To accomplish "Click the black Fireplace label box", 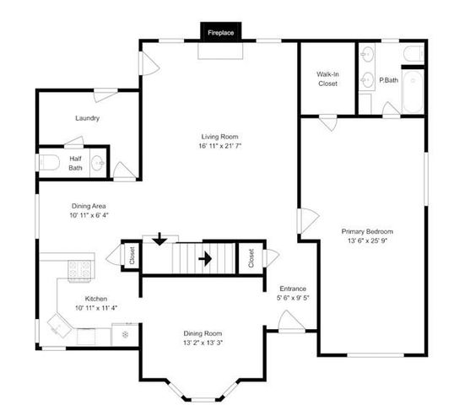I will pyautogui.click(x=221, y=32).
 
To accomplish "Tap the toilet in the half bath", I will pyautogui.click(x=48, y=162).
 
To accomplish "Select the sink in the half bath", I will pyautogui.click(x=97, y=163).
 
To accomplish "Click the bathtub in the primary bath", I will pyautogui.click(x=413, y=93).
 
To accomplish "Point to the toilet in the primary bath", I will pyautogui.click(x=413, y=55).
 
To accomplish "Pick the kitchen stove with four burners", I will pyautogui.click(x=79, y=270).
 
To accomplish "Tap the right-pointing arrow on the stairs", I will pyautogui.click(x=204, y=258).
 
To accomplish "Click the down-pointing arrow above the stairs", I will pyautogui.click(x=156, y=240).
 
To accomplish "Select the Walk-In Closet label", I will pyautogui.click(x=327, y=78).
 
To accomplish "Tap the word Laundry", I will pyautogui.click(x=87, y=118).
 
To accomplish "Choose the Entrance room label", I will pyautogui.click(x=292, y=289).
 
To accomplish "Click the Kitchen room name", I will pyautogui.click(x=95, y=298).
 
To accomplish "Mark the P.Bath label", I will pyautogui.click(x=388, y=80).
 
